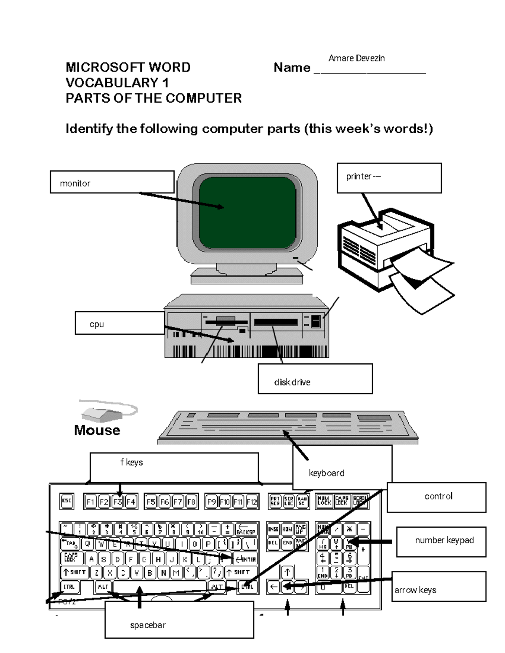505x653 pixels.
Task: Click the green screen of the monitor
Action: click(x=247, y=213)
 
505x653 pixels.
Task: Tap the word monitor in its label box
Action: click(x=75, y=183)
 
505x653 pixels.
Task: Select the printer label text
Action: click(x=363, y=177)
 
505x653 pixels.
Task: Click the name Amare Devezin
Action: click(x=356, y=58)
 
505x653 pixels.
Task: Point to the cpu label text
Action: click(x=97, y=324)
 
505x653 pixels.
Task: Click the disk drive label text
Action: click(x=292, y=382)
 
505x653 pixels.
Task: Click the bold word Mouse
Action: click(x=97, y=430)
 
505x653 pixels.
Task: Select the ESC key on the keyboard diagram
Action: click(x=66, y=501)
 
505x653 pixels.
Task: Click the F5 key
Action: click(x=151, y=502)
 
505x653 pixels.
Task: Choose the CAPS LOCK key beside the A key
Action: click(x=71, y=558)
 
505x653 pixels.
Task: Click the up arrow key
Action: click(x=287, y=572)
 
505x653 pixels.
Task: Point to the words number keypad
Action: click(x=444, y=540)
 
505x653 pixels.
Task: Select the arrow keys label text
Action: click(x=415, y=590)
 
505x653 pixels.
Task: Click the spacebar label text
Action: click(x=148, y=625)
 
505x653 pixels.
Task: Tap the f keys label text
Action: click(x=132, y=463)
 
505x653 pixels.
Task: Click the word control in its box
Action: click(x=439, y=496)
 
